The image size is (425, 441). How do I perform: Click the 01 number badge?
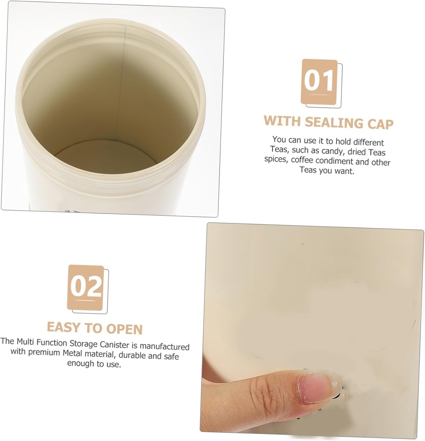(319, 82)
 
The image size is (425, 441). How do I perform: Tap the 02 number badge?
(86, 288)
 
